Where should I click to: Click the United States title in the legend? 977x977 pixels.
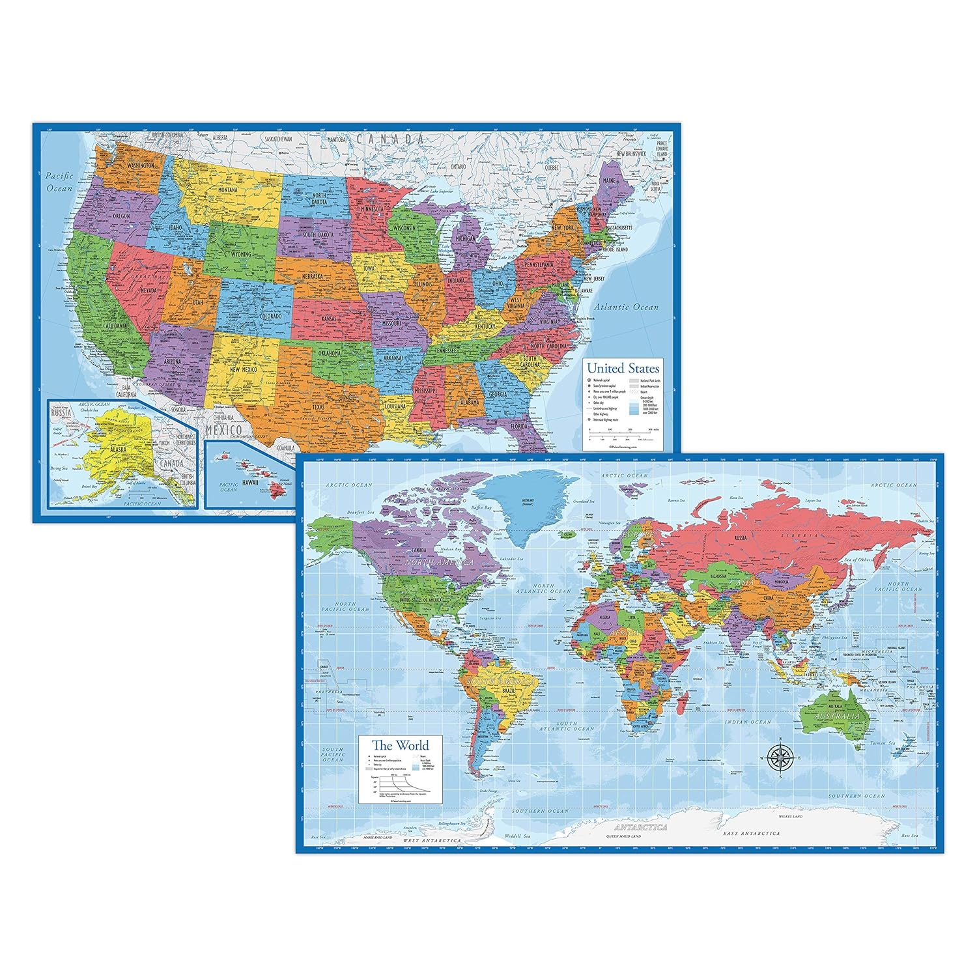(623, 368)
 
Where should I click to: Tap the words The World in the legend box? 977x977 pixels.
(400, 745)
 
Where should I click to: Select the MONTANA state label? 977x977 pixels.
(228, 190)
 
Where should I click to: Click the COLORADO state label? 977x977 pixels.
(270, 317)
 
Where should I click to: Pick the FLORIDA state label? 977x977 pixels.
(519, 427)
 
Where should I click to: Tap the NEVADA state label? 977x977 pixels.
(149, 290)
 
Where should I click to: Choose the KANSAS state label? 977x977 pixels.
(330, 319)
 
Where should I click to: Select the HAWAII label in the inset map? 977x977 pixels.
(250, 483)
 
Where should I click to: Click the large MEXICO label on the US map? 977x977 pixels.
(223, 430)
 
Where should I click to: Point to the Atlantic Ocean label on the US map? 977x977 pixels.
(625, 307)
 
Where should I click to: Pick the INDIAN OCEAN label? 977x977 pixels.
(748, 722)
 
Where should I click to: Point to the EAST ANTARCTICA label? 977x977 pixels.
(751, 833)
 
